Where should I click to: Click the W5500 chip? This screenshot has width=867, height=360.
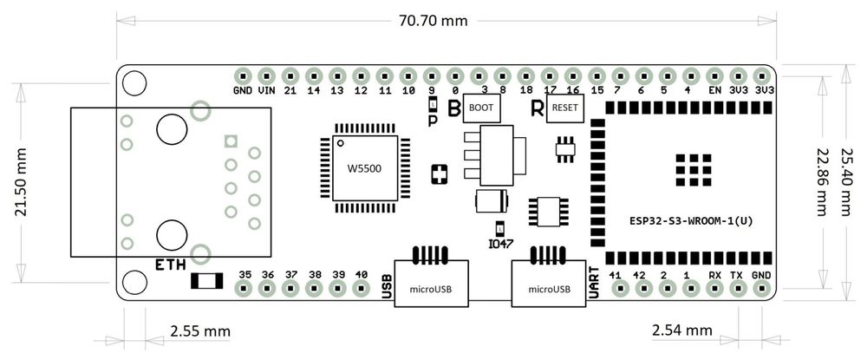[x=364, y=168]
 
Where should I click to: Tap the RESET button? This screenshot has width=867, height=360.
[x=564, y=109]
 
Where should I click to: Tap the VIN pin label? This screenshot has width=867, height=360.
[x=266, y=90]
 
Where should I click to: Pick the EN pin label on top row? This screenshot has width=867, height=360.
[x=714, y=90]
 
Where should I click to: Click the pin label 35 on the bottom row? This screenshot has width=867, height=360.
[x=244, y=274]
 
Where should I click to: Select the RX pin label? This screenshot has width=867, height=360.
[x=714, y=274]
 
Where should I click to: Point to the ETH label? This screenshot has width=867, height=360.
[x=170, y=264]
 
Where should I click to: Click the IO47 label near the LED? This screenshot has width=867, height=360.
[x=500, y=245]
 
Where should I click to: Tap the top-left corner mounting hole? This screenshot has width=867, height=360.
[x=134, y=82]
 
